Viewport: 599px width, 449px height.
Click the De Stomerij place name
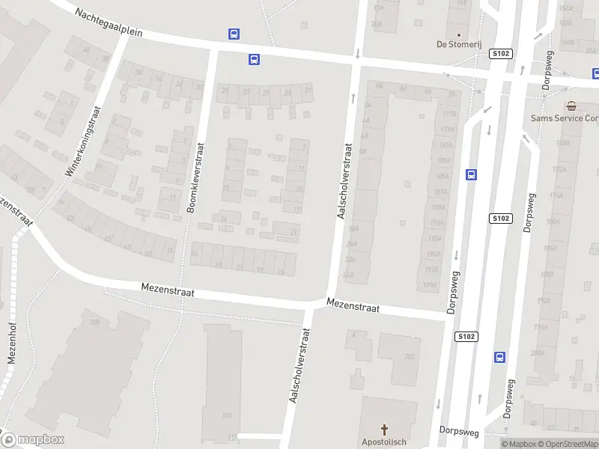coord(458,44)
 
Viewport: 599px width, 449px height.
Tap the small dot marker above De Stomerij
coord(458,34)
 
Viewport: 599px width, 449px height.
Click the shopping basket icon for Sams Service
coord(571,106)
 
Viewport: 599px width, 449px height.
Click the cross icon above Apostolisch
coord(386,430)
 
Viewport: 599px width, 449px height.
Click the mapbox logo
coord(33,440)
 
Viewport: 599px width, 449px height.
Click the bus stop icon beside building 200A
coord(499,357)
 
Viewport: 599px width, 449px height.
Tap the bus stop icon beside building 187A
coord(471,174)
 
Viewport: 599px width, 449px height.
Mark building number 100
coord(95,323)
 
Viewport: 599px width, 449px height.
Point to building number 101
coord(226,415)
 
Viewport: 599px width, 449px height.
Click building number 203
coord(409,357)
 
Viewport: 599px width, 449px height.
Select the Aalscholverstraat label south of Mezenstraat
coord(299,365)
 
